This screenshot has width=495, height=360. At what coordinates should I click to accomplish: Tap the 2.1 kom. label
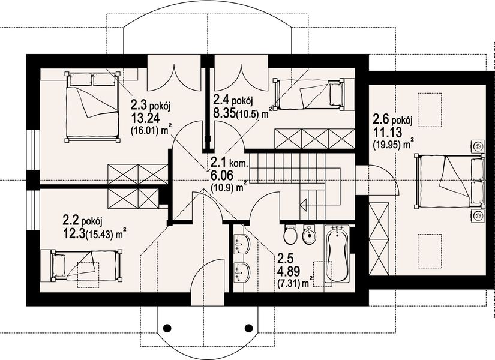229,161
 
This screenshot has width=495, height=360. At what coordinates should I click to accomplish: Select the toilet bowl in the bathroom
289,235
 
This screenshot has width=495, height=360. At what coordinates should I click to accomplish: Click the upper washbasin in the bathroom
244,242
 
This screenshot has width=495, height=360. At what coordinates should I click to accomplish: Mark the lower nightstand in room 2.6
478,215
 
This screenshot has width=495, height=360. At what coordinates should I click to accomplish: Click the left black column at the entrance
168,328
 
